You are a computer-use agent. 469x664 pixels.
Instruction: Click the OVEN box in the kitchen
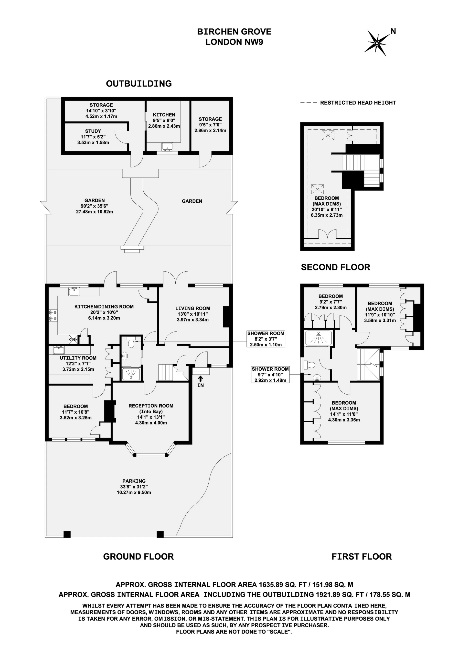[73, 340]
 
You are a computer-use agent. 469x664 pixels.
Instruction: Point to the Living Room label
[193, 308]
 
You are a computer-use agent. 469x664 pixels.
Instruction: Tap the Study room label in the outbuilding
[93, 131]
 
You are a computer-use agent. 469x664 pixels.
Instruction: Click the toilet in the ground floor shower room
[131, 343]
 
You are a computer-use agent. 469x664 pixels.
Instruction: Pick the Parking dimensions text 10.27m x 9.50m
[134, 492]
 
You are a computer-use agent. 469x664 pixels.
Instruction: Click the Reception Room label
[151, 406]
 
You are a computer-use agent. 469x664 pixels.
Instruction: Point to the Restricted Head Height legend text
[358, 103]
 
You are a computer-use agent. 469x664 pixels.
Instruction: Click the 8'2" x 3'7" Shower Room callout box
[266, 339]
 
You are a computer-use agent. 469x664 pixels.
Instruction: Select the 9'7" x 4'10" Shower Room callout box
[270, 375]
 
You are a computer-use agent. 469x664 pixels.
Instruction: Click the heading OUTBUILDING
[139, 84]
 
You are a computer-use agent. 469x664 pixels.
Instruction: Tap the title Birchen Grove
[234, 32]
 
